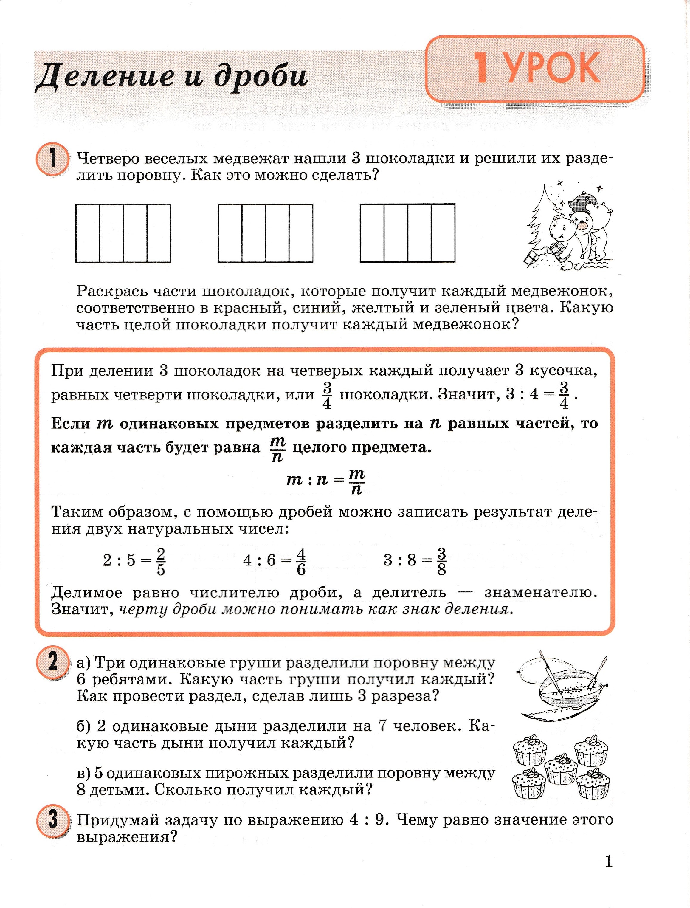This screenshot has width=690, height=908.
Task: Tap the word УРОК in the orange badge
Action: point(552,69)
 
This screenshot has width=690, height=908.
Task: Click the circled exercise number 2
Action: point(52,663)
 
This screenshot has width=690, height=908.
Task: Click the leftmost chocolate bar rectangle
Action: point(123,233)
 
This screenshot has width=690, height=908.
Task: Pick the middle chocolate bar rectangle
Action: point(265,233)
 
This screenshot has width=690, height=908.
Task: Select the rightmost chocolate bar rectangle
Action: point(407,233)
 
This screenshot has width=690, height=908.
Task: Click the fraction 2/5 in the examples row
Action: point(161,561)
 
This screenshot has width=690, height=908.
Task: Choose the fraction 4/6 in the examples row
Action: point(301,561)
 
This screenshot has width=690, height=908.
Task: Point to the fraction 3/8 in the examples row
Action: point(441,561)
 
